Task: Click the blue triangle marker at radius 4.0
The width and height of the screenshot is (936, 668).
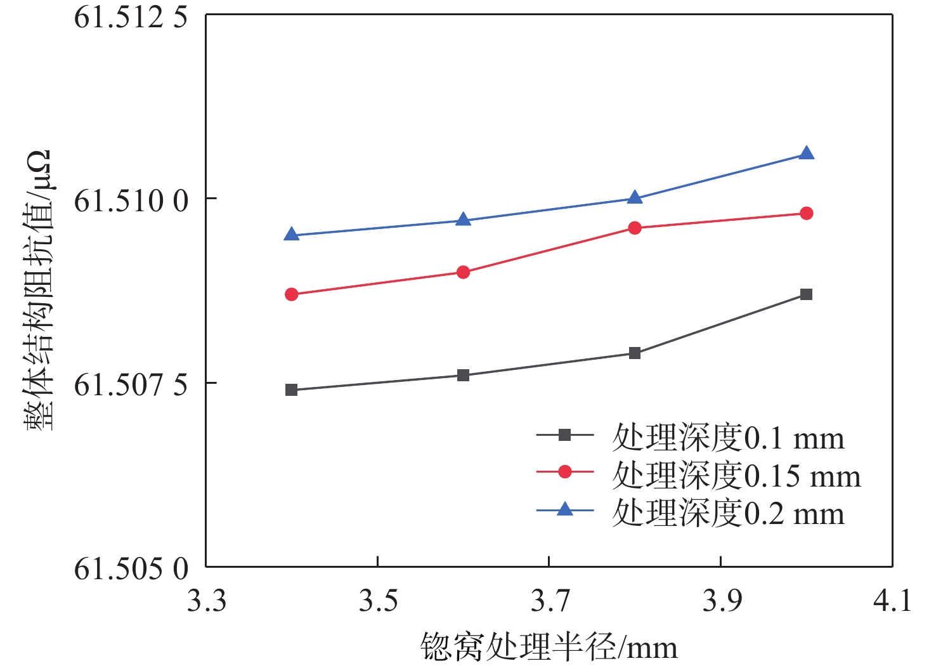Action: [x=806, y=154]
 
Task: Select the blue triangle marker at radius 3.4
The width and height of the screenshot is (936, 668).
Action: [x=292, y=235]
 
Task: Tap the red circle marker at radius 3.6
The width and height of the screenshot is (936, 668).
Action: [x=464, y=272]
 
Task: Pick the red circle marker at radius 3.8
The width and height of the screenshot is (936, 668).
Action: [x=635, y=228]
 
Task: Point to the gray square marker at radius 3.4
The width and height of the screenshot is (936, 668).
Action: [x=292, y=390]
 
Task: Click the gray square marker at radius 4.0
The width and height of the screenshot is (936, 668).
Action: [x=806, y=294]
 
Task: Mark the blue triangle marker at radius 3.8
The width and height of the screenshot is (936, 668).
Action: [x=635, y=198]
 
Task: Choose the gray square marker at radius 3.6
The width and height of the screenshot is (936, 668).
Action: [x=464, y=375]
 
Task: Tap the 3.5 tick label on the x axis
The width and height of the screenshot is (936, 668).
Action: [x=378, y=601]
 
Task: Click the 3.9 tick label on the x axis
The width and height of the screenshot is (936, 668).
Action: [x=721, y=601]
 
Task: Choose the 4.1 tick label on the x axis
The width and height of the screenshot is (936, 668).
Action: [x=892, y=601]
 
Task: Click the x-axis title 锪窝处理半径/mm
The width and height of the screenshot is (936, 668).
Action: [x=549, y=648]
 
